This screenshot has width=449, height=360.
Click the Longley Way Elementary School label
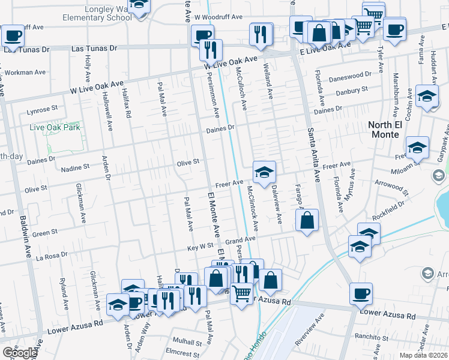tap(97, 13)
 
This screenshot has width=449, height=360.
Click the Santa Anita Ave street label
tap(313, 154)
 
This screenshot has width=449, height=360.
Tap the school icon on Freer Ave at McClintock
tap(264, 173)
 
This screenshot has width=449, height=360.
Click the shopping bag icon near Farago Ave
tap(307, 220)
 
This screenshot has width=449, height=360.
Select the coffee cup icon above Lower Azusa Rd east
tap(361, 293)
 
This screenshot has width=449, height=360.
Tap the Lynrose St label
tap(42, 110)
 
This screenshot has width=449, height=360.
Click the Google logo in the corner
tap(19, 353)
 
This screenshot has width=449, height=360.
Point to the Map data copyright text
tap(423, 355)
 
